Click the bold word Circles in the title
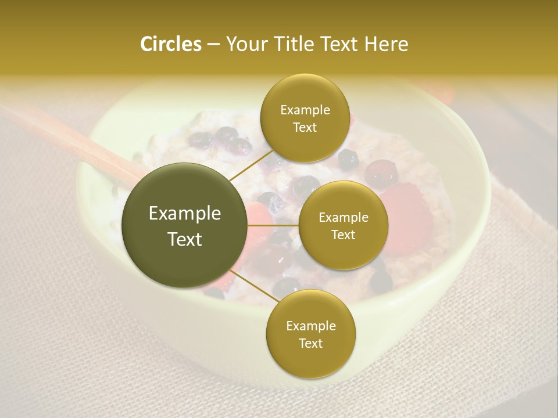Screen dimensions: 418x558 (170, 44)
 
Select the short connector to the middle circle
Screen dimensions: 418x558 (273, 225)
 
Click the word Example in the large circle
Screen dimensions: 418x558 (185, 214)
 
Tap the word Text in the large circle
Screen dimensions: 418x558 (185, 239)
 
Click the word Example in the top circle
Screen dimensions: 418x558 (305, 110)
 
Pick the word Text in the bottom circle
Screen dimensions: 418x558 (310, 343)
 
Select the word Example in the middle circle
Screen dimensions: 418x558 (343, 218)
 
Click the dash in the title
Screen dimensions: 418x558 (213, 45)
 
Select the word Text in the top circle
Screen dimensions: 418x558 (305, 127)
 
